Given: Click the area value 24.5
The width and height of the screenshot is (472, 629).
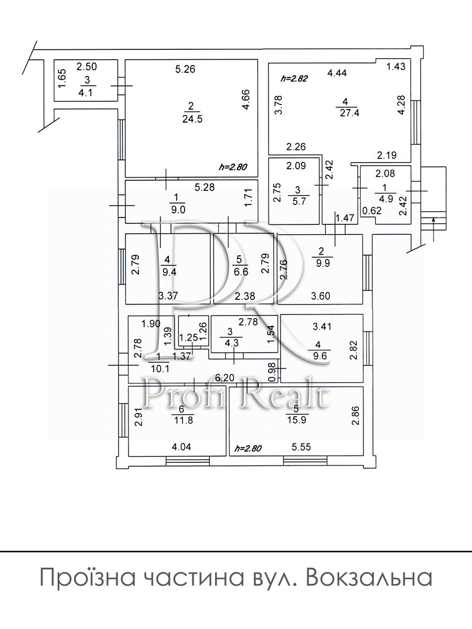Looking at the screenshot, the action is pos(192,118).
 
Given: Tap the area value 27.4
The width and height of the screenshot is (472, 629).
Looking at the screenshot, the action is pos(349,113).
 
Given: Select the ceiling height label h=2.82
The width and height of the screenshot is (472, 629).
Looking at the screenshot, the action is pos(294,78).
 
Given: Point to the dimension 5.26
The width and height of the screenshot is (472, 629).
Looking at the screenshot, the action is pos(185,69).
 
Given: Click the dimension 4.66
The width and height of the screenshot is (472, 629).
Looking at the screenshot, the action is pos(246,100).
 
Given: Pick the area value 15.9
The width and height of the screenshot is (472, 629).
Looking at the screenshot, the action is pos(297,420).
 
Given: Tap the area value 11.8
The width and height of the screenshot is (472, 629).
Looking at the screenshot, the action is pos(184,420).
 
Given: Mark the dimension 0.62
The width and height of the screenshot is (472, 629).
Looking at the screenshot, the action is pos(372,211).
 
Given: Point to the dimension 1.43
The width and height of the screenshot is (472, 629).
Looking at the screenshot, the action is pos(396,67).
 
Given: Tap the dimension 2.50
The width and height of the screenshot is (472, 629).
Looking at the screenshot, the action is pos(87,67).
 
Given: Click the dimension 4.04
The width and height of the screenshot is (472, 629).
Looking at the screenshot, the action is pos(181,447).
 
